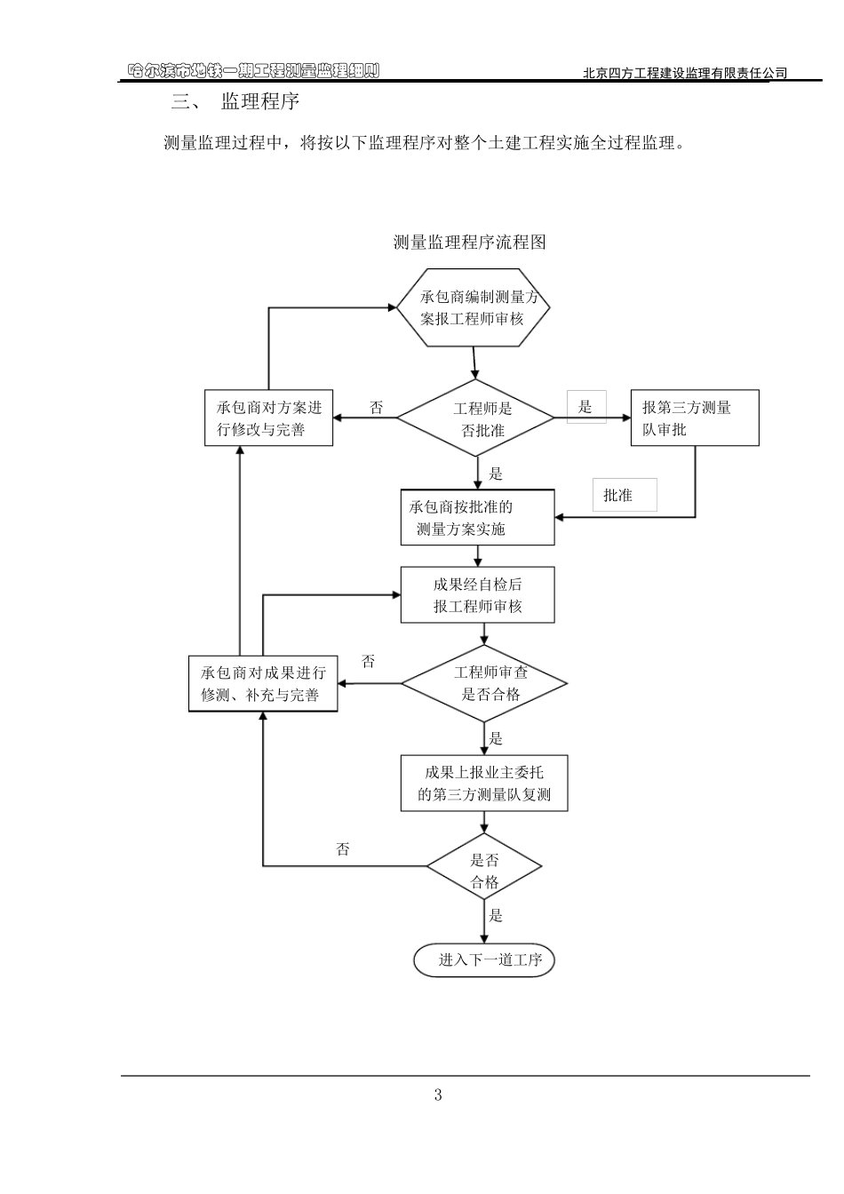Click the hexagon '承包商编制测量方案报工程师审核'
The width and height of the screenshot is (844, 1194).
point(473,307)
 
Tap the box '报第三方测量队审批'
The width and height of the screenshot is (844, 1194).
point(695,418)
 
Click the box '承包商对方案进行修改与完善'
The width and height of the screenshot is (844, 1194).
point(268,418)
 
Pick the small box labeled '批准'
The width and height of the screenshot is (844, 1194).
point(625,495)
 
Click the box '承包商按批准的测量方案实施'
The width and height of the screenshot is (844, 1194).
point(477,518)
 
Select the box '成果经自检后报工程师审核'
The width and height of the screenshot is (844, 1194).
point(477,595)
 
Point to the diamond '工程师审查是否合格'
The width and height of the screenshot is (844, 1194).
point(484,683)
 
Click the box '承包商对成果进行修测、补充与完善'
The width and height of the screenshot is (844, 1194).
point(263,684)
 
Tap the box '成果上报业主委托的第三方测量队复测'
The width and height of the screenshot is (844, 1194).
point(484,784)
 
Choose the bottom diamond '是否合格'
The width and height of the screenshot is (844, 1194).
point(484,871)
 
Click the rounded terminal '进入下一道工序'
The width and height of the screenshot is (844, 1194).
point(484,959)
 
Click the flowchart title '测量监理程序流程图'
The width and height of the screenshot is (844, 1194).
point(469,242)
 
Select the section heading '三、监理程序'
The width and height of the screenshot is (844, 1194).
point(235,102)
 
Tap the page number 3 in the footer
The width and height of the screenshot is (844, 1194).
point(438,1095)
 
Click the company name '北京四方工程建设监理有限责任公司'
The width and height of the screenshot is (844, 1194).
point(684,74)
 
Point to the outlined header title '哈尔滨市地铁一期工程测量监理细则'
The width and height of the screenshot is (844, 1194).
point(253,71)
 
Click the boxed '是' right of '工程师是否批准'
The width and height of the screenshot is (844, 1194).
point(586,407)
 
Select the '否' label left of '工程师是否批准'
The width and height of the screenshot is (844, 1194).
point(377,408)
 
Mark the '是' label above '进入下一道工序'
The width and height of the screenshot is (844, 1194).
point(496,915)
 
